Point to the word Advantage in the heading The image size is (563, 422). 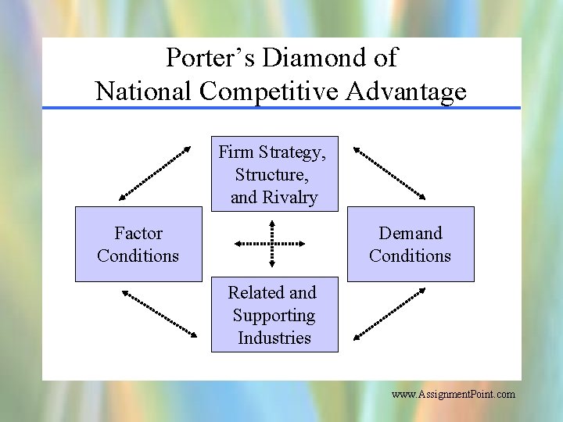click(406, 91)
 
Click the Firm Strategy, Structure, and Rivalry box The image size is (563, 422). click(274, 174)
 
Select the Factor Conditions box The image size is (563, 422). click(138, 244)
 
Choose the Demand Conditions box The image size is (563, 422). click(410, 244)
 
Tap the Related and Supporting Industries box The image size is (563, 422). click(274, 314)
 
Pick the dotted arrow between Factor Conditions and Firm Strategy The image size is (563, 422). click(155, 173)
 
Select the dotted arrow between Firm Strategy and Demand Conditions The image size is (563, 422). click(389, 173)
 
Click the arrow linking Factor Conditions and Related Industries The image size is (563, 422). click(159, 313)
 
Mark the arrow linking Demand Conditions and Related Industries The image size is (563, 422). click(389, 313)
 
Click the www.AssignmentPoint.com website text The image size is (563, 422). click(454, 395)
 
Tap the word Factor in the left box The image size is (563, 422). click(138, 233)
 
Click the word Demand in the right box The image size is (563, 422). click(411, 233)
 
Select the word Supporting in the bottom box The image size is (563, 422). click(274, 315)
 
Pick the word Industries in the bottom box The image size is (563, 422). click(274, 338)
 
